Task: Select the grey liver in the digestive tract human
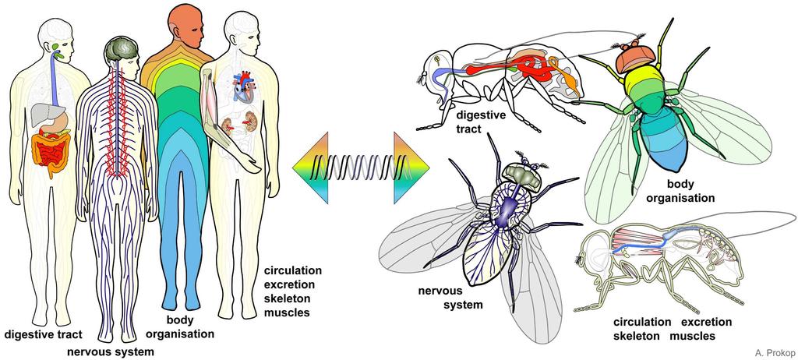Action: point(46,115)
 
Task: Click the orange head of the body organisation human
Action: point(185,26)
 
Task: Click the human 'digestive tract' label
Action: point(44,335)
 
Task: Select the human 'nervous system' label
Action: point(111,352)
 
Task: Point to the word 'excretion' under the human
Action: point(290,284)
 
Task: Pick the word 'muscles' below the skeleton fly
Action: point(692,336)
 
